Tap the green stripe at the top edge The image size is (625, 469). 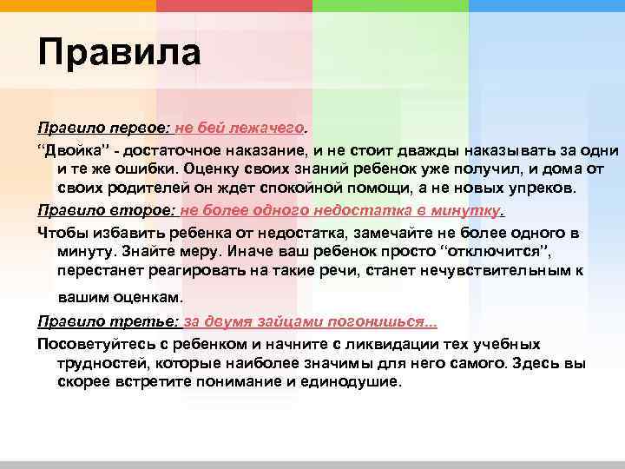tap(391, 5)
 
